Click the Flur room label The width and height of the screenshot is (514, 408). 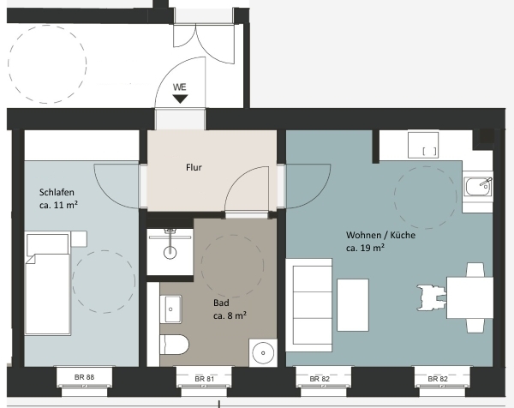[x=194, y=167]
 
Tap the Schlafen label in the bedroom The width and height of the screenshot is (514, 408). [x=57, y=192]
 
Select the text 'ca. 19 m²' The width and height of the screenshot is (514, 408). [x=366, y=248]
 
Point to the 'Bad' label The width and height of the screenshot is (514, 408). [x=221, y=303]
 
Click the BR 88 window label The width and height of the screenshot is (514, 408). [x=84, y=377]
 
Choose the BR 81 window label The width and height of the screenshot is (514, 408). [x=204, y=379]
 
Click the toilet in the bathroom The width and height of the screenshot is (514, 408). [x=175, y=345]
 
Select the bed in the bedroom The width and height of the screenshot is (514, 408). [x=48, y=284]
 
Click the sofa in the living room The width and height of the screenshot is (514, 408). [x=308, y=305]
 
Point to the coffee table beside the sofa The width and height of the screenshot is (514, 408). [x=353, y=305]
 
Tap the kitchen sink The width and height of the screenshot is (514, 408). [x=478, y=187]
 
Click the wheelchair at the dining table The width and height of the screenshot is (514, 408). [x=432, y=297]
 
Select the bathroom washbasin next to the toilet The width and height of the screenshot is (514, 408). [x=170, y=309]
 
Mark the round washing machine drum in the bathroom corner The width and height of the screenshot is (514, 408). [x=263, y=353]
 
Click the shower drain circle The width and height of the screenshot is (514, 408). [x=170, y=253]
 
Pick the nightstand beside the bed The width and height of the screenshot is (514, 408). [x=79, y=239]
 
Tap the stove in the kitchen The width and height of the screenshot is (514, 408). [x=423, y=145]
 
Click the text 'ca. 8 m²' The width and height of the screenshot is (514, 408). [x=230, y=315]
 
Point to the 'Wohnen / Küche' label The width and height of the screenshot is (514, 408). [x=380, y=235]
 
